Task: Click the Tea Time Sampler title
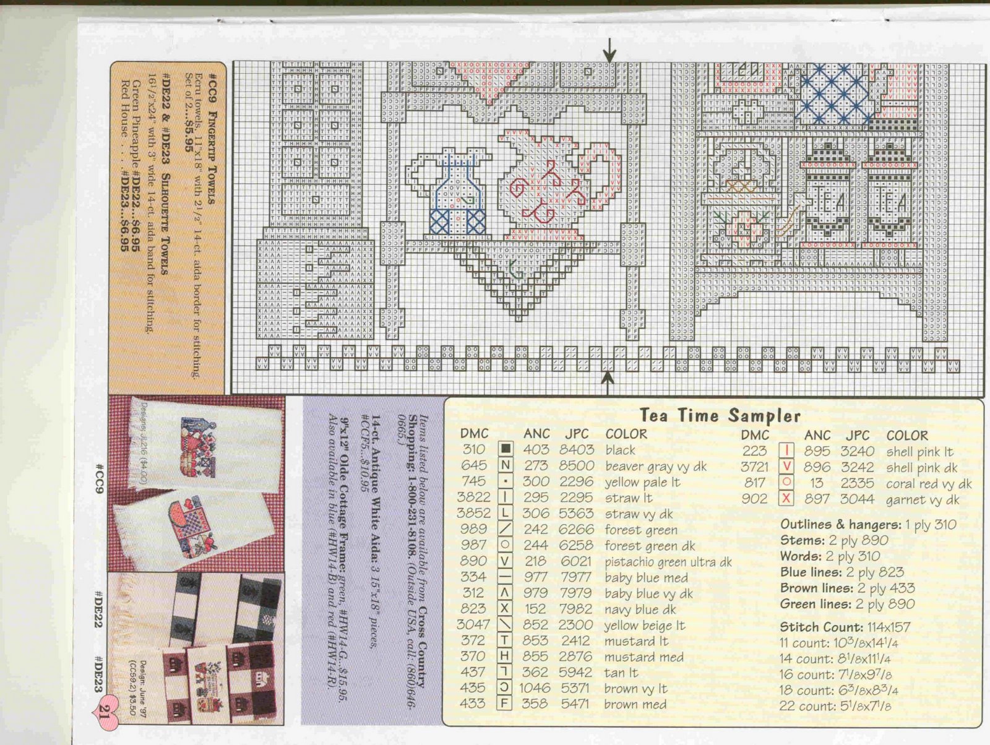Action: tap(720, 415)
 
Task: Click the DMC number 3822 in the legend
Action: tap(473, 497)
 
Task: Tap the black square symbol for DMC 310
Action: tap(506, 450)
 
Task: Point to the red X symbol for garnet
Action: tap(786, 499)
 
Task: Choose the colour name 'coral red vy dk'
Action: tap(929, 484)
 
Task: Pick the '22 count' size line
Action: tap(835, 705)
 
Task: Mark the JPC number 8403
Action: tap(576, 450)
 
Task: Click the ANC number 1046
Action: tap(535, 688)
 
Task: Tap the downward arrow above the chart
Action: tap(610, 48)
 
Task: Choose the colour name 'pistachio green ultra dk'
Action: tap(668, 562)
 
